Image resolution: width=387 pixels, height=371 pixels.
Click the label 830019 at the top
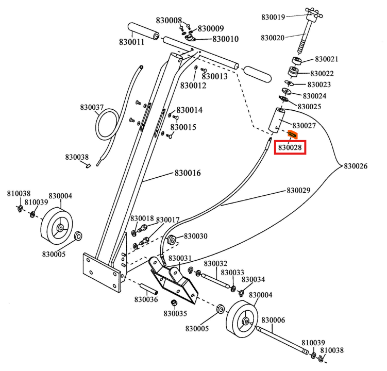273,17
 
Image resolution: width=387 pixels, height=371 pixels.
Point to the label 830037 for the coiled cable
92,107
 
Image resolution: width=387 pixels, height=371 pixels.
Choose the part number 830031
180,258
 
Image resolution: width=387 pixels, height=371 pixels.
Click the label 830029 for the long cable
298,191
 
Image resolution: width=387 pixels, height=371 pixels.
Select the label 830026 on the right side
356,166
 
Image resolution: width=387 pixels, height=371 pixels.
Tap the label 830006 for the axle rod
273,320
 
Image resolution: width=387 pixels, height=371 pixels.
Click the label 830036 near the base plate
146,299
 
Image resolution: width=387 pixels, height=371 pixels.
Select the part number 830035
176,313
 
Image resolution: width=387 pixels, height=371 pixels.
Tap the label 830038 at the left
77,157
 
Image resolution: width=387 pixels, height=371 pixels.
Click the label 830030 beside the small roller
195,236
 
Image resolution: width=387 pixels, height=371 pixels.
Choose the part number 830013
214,76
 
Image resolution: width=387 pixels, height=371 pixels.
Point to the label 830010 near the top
226,39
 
